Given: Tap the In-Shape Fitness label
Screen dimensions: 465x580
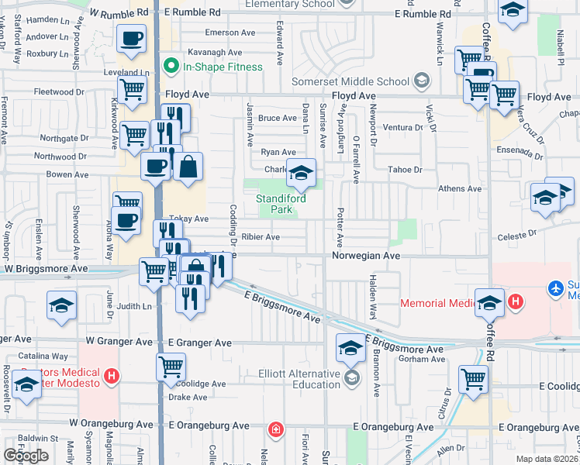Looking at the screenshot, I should tap(223, 67).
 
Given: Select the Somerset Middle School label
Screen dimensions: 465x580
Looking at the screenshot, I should tap(350, 81).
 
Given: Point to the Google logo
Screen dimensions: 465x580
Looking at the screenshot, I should tap(26, 456).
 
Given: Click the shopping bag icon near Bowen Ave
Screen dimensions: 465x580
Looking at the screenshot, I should tap(188, 167).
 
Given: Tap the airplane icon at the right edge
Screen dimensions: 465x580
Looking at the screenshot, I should tap(556, 288).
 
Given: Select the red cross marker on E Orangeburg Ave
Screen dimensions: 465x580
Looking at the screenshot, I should tap(275, 429).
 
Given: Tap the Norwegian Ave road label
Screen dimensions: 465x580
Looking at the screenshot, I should tap(366, 255).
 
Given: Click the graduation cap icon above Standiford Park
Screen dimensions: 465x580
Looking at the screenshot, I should tap(301, 173).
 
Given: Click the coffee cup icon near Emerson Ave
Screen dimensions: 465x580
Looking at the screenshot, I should tap(131, 38).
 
